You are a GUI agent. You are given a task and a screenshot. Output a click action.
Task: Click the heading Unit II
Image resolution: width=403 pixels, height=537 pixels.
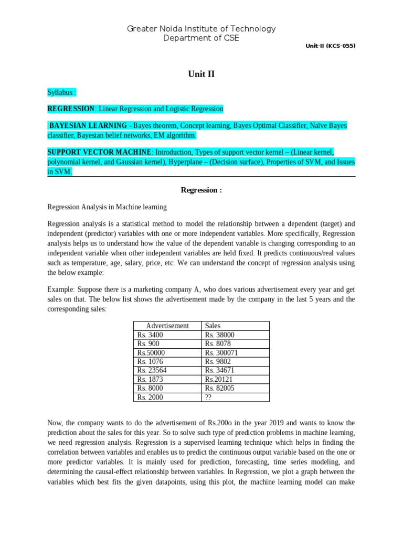click(201, 74)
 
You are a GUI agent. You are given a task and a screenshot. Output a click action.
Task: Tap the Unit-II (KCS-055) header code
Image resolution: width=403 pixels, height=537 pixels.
click(331, 46)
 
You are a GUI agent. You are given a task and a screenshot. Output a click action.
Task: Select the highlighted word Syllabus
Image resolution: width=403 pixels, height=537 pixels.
click(61, 92)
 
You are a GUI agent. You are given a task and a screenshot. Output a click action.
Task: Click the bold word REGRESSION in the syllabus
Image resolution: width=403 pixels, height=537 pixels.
click(71, 109)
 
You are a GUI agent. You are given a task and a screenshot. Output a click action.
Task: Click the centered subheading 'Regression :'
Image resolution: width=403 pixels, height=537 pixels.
click(201, 190)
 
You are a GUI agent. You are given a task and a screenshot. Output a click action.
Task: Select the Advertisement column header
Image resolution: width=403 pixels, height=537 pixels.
click(167, 326)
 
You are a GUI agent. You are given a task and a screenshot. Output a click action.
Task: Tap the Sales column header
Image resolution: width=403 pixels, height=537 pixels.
click(213, 326)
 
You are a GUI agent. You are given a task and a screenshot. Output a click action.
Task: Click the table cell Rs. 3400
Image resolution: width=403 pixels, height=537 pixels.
click(150, 335)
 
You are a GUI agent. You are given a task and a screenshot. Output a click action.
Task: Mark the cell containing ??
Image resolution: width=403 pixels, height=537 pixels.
click(209, 398)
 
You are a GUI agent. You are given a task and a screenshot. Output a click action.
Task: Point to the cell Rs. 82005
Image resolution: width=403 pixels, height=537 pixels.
click(220, 389)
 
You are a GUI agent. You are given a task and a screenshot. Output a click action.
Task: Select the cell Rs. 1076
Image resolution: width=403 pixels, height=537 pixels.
click(150, 362)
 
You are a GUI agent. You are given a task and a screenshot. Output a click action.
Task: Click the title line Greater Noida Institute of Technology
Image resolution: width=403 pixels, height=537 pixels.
click(201, 29)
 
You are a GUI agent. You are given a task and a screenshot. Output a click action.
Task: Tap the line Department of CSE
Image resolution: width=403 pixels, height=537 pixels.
click(201, 38)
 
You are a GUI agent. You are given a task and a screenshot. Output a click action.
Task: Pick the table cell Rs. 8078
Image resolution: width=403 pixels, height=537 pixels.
click(218, 344)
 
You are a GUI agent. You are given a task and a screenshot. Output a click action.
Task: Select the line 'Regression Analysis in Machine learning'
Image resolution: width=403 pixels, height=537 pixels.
click(107, 207)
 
